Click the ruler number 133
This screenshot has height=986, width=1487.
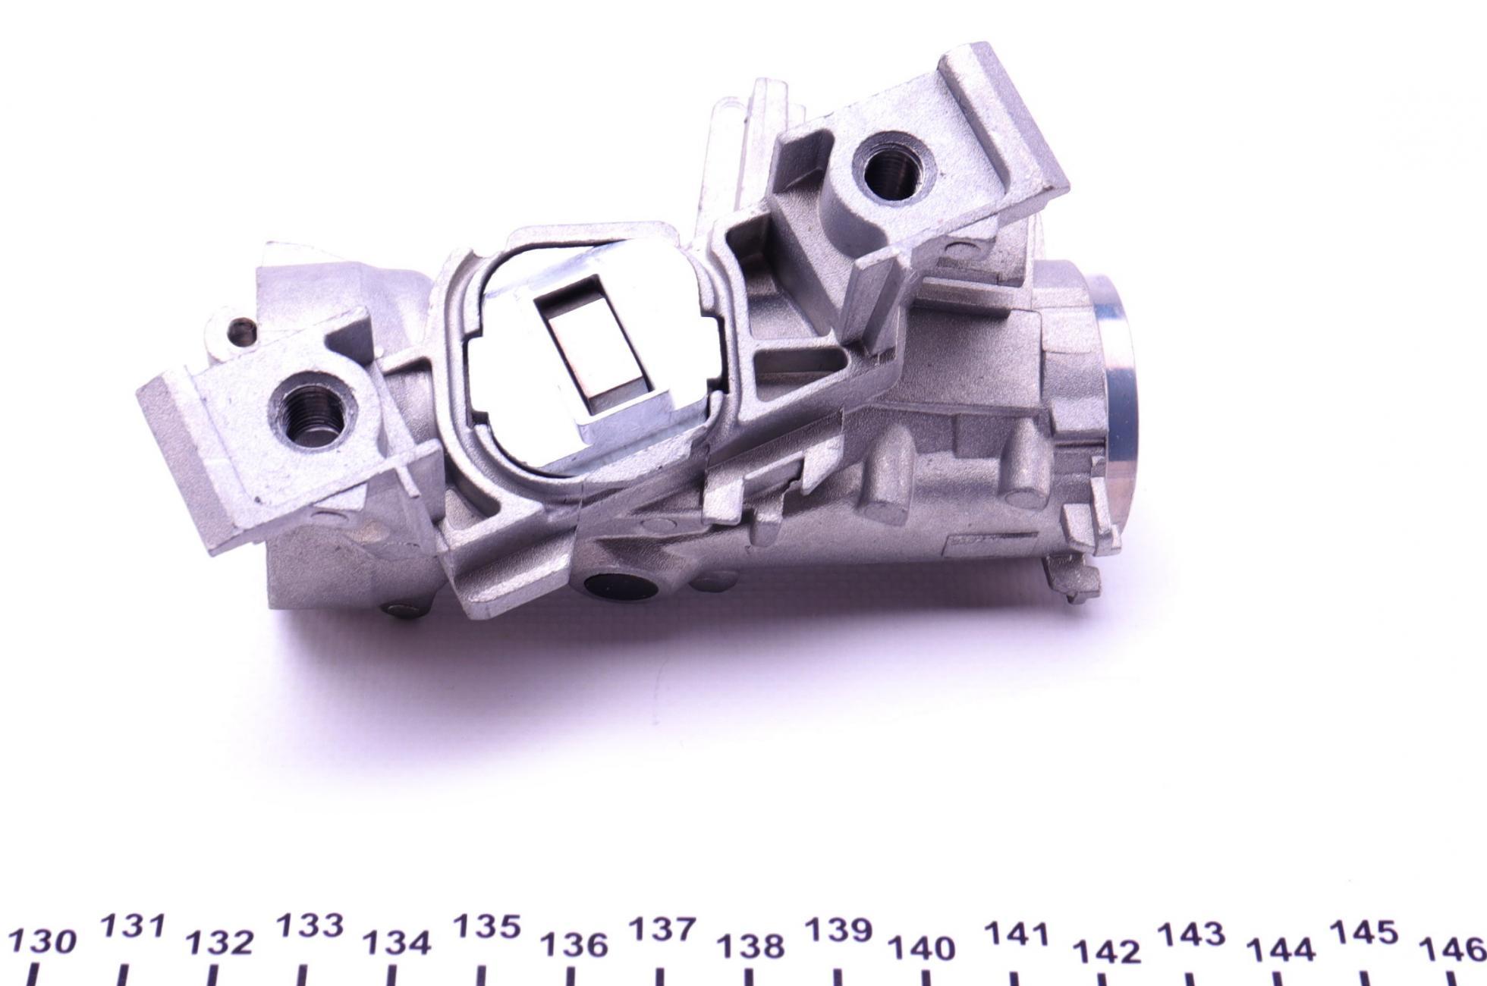click(x=310, y=927)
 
